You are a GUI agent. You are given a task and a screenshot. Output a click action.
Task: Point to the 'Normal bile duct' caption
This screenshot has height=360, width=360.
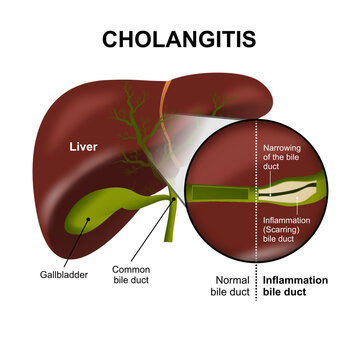(233, 288)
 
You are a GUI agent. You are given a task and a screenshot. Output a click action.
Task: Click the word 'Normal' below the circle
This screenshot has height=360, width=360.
(233, 281)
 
